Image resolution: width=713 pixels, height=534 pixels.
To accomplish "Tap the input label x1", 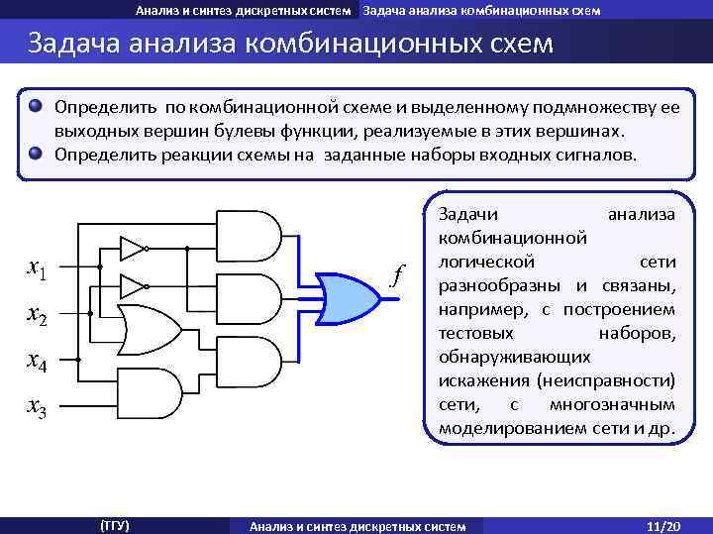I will click(41, 267).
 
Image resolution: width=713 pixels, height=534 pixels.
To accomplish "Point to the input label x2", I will click(41, 315).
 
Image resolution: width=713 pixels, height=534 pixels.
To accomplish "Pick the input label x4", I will click(41, 362).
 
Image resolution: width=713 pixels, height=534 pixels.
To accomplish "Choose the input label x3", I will click(41, 406).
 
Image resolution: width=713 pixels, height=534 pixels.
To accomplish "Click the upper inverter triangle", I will click(132, 247).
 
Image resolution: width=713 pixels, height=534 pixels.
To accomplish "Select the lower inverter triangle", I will click(132, 286).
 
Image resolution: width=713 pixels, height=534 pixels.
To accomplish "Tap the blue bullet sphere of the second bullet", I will click(37, 154).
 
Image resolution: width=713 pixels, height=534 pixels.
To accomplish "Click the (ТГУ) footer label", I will click(115, 525).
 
